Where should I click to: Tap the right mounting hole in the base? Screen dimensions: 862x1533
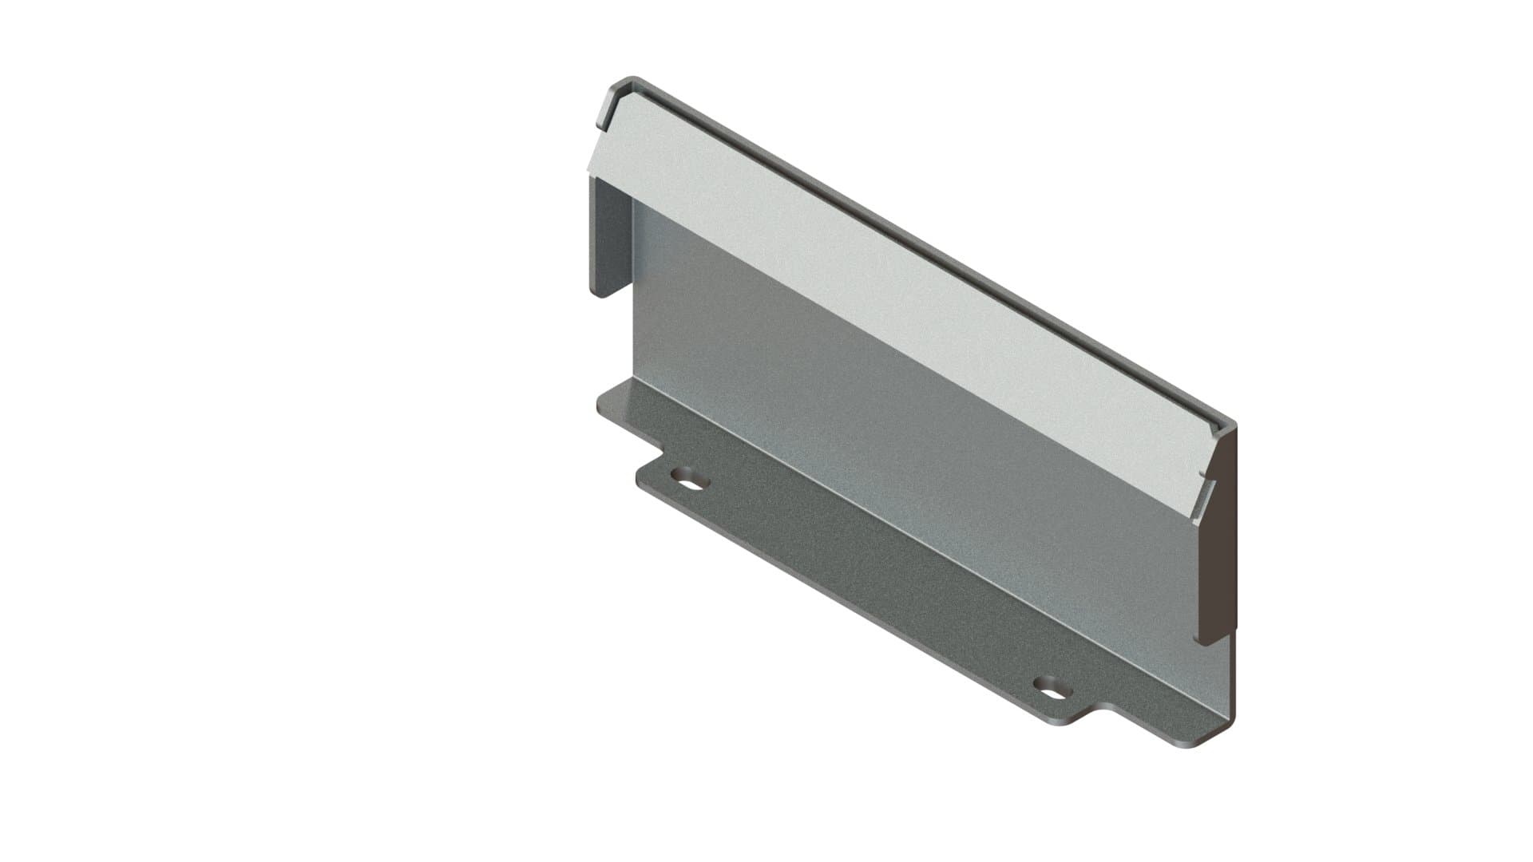(x=1052, y=686)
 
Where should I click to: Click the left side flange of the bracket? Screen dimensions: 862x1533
(x=610, y=235)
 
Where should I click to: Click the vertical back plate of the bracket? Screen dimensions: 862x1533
(x=878, y=447)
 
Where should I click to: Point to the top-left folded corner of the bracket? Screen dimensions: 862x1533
(x=623, y=88)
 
